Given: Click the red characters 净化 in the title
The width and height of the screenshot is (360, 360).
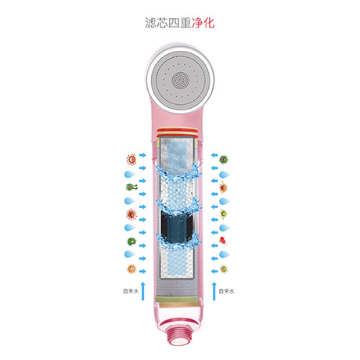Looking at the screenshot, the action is (203, 23).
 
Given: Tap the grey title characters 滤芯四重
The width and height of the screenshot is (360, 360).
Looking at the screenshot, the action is (168, 23).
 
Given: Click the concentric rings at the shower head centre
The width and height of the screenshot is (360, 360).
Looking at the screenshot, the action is (180, 81).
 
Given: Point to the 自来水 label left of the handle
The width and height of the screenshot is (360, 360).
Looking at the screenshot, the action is (131, 291).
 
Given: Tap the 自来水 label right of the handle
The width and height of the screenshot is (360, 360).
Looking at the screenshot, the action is (226, 291).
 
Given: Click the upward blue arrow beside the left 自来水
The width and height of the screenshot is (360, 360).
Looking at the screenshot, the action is (142, 291).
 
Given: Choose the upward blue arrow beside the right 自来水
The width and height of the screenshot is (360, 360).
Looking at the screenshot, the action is (214, 291).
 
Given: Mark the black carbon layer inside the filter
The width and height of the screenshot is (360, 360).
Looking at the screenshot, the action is (177, 225).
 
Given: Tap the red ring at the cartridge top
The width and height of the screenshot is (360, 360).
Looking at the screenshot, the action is (178, 130).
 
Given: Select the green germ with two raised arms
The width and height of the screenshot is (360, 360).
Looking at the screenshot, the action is (131, 187).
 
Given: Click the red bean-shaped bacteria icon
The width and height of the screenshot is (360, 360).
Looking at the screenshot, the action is (222, 240).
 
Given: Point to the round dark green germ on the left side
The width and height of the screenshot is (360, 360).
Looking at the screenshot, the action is (131, 241).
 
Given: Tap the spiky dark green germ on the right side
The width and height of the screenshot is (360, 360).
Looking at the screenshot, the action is (224, 159).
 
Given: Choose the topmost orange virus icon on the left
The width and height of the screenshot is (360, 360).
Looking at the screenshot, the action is (131, 160).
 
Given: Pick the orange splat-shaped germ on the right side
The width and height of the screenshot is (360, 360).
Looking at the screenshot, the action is (223, 187).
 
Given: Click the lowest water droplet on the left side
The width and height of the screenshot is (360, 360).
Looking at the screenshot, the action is (129, 254).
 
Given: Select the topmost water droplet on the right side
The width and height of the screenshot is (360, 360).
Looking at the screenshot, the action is (225, 175).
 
